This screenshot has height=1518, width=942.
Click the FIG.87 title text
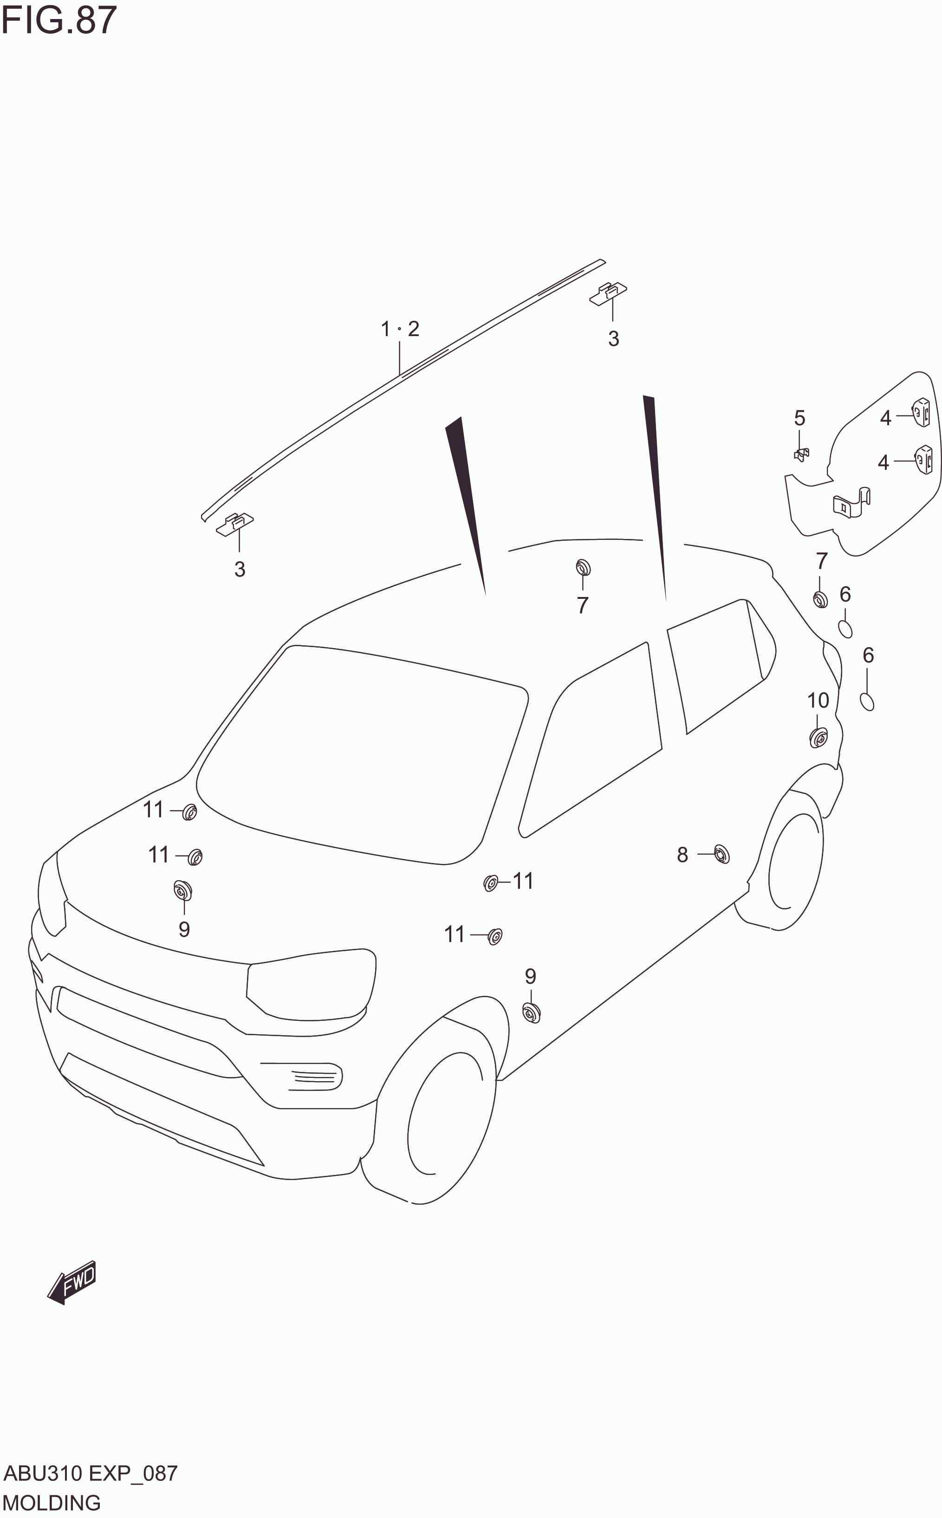click(x=58, y=20)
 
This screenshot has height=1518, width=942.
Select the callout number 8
click(x=682, y=855)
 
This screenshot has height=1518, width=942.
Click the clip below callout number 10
click(x=818, y=738)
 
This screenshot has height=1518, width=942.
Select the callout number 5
click(x=799, y=417)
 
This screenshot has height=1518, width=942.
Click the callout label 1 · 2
click(x=400, y=328)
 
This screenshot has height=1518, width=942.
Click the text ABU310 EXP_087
click(x=91, y=1474)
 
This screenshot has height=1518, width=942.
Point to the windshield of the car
click(x=361, y=754)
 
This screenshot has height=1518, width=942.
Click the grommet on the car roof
click(x=583, y=567)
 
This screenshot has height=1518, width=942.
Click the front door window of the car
click(x=595, y=741)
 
